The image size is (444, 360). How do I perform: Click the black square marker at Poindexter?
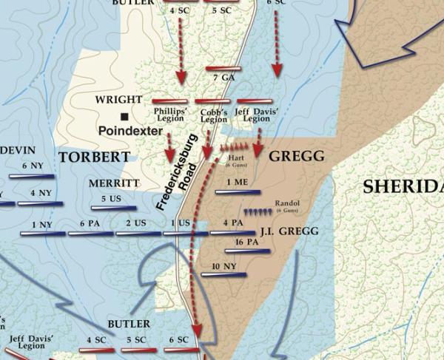pyautogui.click(x=126, y=117)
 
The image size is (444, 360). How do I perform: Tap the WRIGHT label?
pyautogui.click(x=118, y=99)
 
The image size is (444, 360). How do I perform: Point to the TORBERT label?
pyautogui.click(x=94, y=157)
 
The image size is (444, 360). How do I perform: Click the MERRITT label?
pyautogui.click(x=114, y=183)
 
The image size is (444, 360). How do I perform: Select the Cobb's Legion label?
pyautogui.click(x=214, y=115)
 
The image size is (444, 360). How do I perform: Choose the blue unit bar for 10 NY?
pyautogui.click(x=223, y=275)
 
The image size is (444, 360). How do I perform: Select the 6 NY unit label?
pyautogui.click(x=33, y=166)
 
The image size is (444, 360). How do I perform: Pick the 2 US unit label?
pyautogui.click(x=135, y=223)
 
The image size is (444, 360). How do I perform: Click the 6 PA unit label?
pyautogui.click(x=89, y=223)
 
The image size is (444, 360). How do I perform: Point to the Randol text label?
pyautogui.click(x=286, y=202)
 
